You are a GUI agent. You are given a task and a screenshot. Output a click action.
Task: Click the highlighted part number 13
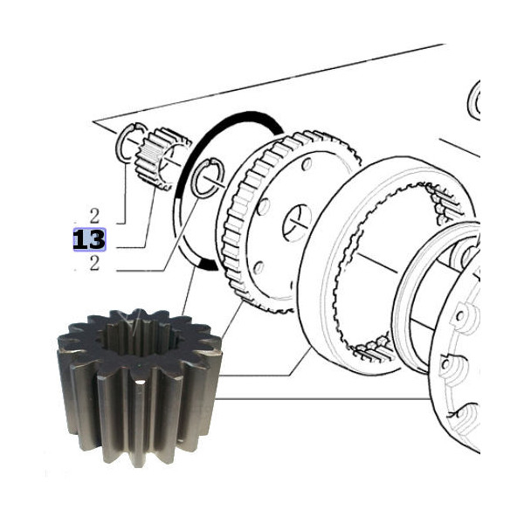[88, 239]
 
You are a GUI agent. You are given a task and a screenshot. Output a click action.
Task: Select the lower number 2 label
[94, 264]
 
